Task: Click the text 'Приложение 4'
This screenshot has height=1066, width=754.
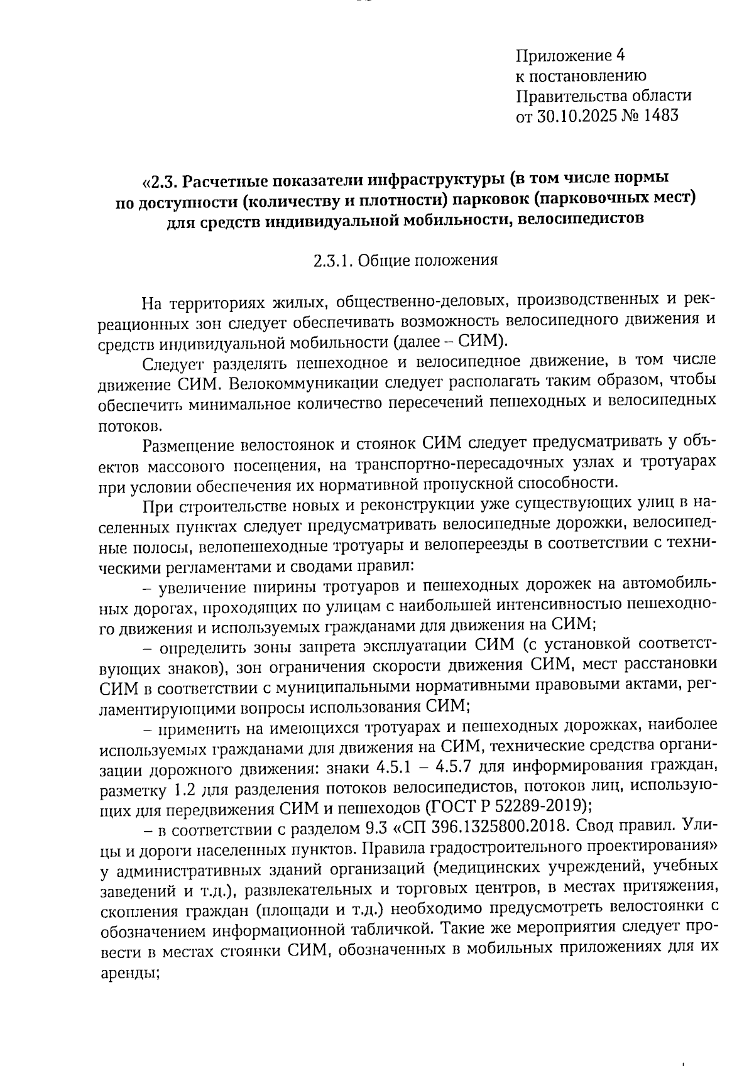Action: tap(571, 56)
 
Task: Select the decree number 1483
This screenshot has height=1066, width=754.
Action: tap(660, 116)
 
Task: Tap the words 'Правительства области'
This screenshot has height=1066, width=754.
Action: tap(603, 96)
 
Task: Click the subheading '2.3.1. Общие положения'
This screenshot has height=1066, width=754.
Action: tap(405, 261)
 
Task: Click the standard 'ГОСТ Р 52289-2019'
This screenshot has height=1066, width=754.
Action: tap(505, 806)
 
